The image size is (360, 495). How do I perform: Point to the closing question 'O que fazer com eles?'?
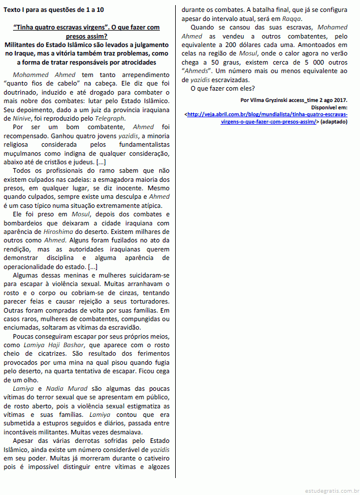[x=223, y=88]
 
